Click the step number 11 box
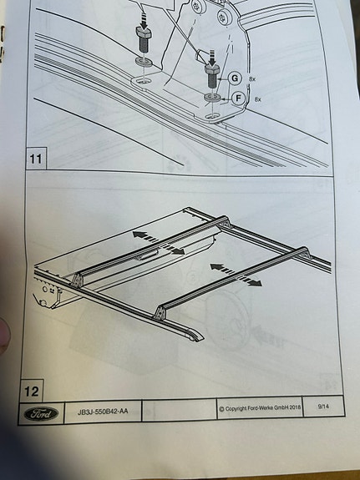[x=36, y=159]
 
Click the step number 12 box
[x=32, y=391]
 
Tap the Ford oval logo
[x=41, y=414]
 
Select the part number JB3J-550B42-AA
[x=103, y=412]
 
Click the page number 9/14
[x=323, y=407]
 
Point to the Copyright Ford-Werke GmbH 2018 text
[x=260, y=408]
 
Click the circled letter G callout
[x=235, y=78]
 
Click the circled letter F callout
[x=239, y=99]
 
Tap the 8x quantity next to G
[x=252, y=79]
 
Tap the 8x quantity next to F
[x=257, y=99]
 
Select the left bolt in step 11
[x=142, y=39]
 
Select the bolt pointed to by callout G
[x=213, y=76]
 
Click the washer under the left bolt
[x=144, y=62]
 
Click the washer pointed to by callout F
[x=212, y=98]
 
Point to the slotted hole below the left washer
[x=143, y=82]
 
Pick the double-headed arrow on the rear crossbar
[x=159, y=243]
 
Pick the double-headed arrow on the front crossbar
[x=236, y=275]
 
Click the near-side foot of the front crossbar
[x=160, y=312]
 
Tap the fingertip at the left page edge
[x=4, y=336]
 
